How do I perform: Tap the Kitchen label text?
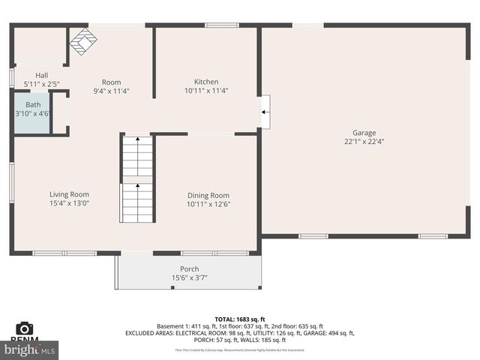[x=206, y=82]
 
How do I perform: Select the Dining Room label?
[x=208, y=195]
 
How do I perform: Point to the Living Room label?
[x=70, y=194]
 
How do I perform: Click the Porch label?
[x=190, y=269]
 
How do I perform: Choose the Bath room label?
[x=33, y=104]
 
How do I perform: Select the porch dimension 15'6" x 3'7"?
[x=190, y=278]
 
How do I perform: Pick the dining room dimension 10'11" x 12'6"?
[x=208, y=203]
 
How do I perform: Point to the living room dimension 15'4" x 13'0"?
[x=70, y=202]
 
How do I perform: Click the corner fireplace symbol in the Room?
[x=82, y=41]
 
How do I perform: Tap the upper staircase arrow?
[x=138, y=139]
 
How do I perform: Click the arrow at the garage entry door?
[x=265, y=112]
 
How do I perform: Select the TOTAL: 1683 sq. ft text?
[x=239, y=318]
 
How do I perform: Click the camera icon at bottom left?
[x=24, y=328]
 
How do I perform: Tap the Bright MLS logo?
[x=30, y=349]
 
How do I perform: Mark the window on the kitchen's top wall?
[x=217, y=25]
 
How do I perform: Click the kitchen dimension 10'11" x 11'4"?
[x=206, y=91]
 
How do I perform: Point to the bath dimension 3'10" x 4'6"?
[x=33, y=113]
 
